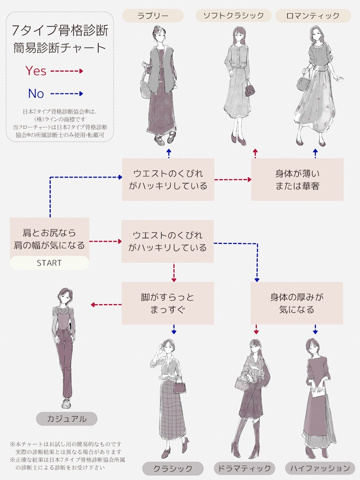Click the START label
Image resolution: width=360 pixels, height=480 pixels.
pyautogui.click(x=49, y=263)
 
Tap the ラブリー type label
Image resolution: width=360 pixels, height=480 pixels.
pyautogui.click(x=153, y=16)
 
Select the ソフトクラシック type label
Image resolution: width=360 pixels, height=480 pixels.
pyautogui.click(x=233, y=16)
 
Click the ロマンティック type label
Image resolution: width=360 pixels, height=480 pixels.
pyautogui.click(x=313, y=16)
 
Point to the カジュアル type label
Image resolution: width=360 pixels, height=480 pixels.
pyautogui.click(x=66, y=419)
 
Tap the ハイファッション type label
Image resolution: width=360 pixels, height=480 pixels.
pyautogui.click(x=320, y=468)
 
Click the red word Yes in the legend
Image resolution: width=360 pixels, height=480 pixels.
pyautogui.click(x=36, y=71)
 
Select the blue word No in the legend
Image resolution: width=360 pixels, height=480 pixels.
pyautogui.click(x=36, y=93)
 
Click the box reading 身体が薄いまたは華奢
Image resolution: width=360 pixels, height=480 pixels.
pyautogui.click(x=297, y=180)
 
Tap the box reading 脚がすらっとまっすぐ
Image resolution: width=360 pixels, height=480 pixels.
pyautogui.click(x=168, y=303)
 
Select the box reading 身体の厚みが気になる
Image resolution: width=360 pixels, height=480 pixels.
pyautogui.click(x=297, y=303)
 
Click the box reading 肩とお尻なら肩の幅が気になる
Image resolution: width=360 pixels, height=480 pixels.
pyautogui.click(x=49, y=239)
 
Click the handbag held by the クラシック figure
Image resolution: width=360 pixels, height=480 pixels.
pyautogui.click(x=180, y=386)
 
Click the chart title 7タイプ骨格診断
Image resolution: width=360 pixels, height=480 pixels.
pyautogui.click(x=60, y=31)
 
